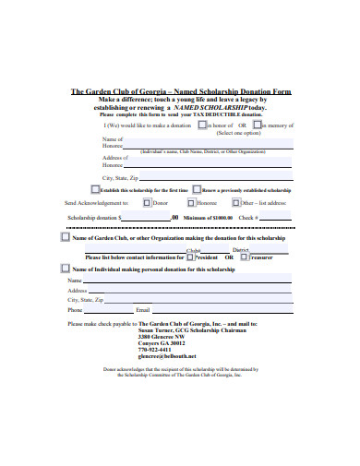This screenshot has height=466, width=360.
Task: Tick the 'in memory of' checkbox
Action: (x=258, y=125)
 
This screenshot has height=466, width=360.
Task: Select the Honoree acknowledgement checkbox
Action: (x=191, y=201)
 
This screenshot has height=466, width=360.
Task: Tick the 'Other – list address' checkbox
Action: (x=236, y=201)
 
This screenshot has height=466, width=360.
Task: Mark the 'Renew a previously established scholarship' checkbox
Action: (x=197, y=188)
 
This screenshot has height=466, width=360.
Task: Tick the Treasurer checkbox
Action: (x=244, y=258)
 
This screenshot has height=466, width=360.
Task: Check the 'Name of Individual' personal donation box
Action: (x=64, y=269)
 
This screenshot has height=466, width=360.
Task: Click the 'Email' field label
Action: (x=142, y=310)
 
